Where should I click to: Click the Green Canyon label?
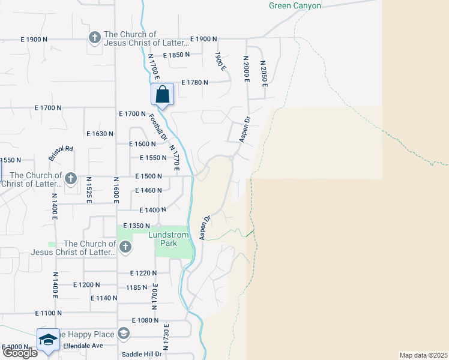294,6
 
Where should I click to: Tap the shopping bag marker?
162,95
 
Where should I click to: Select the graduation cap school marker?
48,340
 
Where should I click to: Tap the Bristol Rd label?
61,154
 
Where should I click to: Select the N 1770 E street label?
175,158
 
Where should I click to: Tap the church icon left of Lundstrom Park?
125,247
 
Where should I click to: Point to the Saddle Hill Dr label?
142,354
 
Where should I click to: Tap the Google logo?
19,353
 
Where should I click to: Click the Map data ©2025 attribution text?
423,355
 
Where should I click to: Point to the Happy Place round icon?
123,333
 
